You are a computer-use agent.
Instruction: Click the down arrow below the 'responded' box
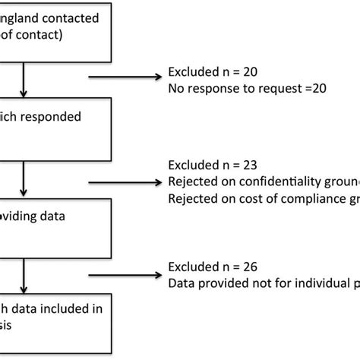click(x=27, y=178)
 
